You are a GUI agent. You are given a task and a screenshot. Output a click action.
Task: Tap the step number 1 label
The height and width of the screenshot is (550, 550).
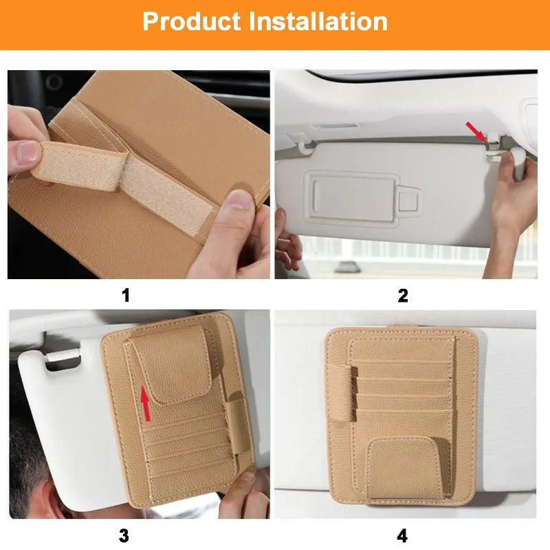point(125,296)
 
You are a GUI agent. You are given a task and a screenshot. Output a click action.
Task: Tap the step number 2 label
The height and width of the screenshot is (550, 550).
point(403,296)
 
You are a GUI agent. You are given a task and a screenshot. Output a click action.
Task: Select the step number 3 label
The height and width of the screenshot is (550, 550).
point(124,535)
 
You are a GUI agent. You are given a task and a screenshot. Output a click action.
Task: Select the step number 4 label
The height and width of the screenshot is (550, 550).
point(403,535)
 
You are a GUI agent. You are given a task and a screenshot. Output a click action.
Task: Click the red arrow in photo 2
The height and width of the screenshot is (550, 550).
point(476,132)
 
